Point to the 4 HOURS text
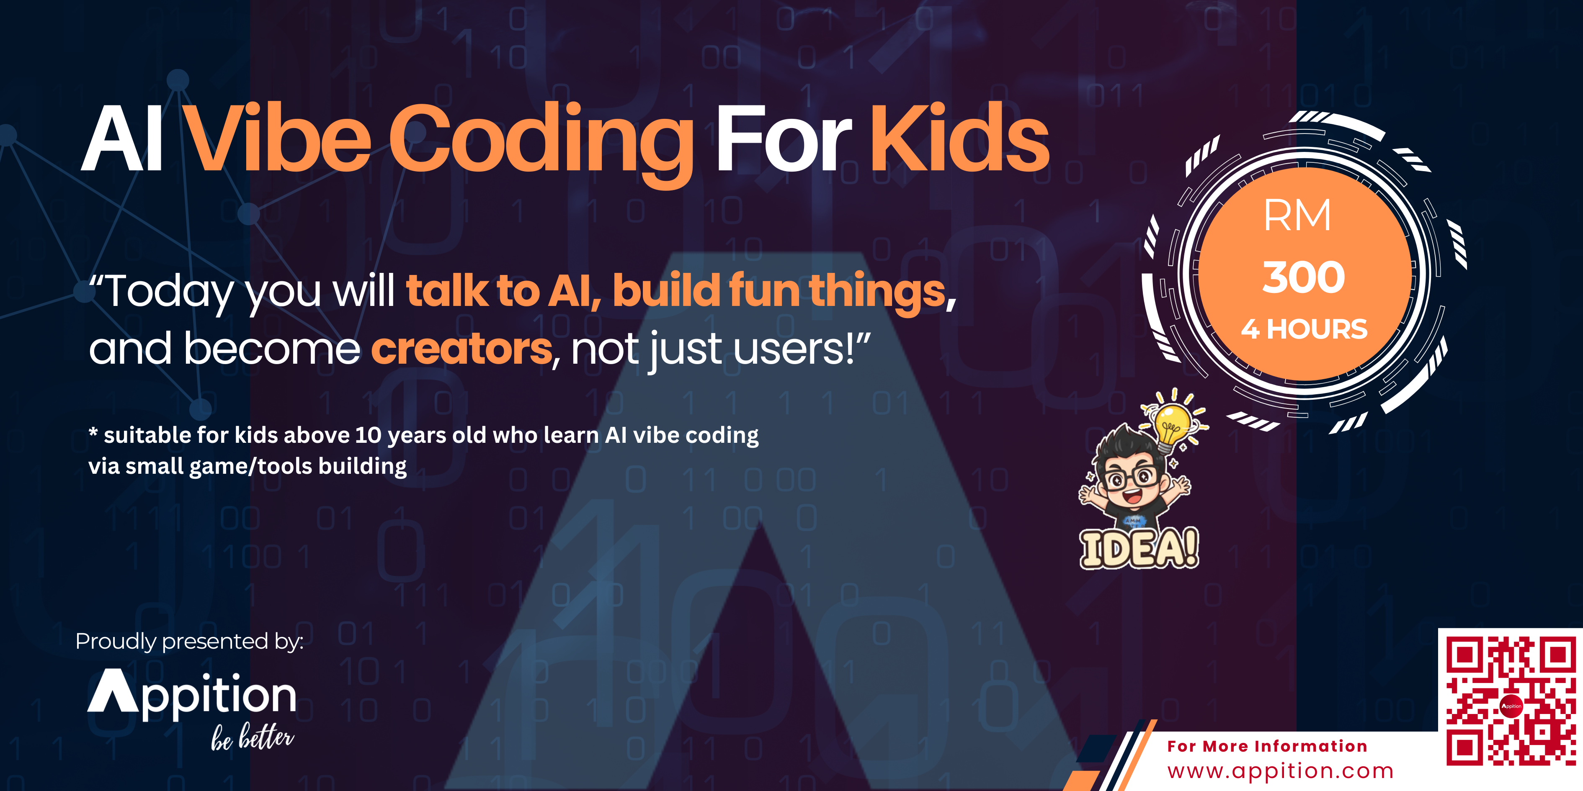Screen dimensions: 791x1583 [x=1304, y=329]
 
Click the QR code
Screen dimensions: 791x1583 [x=1511, y=701]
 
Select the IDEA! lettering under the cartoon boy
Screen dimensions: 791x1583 [x=1140, y=548]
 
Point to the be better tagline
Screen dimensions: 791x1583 [x=253, y=737]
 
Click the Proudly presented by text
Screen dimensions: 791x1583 [x=189, y=641]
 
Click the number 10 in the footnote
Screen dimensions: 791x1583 [x=368, y=435]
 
